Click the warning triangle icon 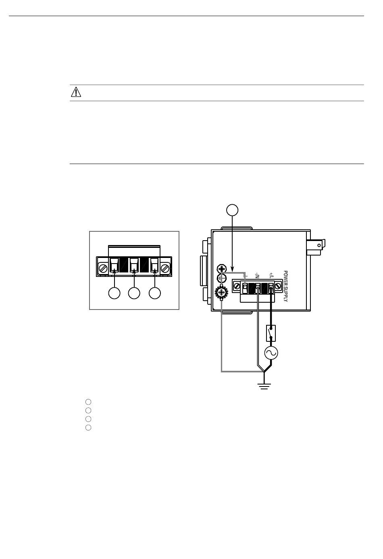[76, 93]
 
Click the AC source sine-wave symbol [271, 353]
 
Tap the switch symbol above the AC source [271, 333]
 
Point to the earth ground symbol [264, 387]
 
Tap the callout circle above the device [232, 210]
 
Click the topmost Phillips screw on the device [221, 269]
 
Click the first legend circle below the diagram [88, 402]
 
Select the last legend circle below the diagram [88, 428]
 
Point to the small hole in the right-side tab [320, 245]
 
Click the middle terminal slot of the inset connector [134, 264]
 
